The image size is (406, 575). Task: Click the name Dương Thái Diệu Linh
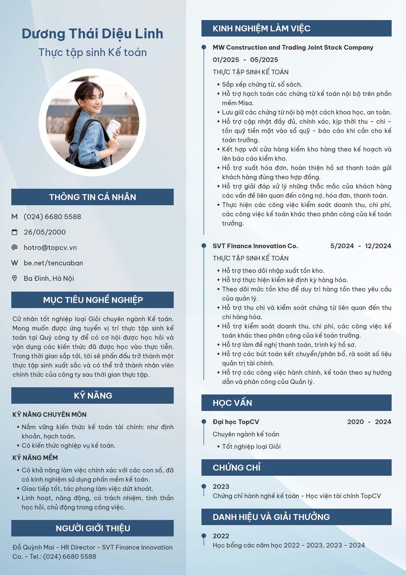(92, 34)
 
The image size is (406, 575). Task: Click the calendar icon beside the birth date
(15, 232)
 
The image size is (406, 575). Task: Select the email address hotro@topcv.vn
(50, 248)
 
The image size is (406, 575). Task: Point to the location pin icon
(15, 278)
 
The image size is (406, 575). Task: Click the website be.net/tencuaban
(53, 263)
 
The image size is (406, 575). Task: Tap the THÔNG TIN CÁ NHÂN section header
(92, 197)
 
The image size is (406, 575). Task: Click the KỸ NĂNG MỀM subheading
(35, 458)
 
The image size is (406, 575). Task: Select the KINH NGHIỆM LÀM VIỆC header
(261, 28)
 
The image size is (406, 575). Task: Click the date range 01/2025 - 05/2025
(245, 60)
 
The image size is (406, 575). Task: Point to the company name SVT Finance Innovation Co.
(255, 246)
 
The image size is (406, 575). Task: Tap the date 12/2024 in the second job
(378, 246)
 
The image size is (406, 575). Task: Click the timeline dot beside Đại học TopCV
(204, 422)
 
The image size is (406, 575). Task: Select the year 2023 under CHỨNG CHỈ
(221, 486)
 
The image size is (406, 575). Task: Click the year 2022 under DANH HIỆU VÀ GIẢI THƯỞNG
(221, 536)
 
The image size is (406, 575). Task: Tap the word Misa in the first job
(245, 103)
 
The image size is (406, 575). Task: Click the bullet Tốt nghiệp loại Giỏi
(251, 446)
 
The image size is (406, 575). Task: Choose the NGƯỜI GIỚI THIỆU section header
(92, 528)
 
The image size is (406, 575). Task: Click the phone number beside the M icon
(52, 217)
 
